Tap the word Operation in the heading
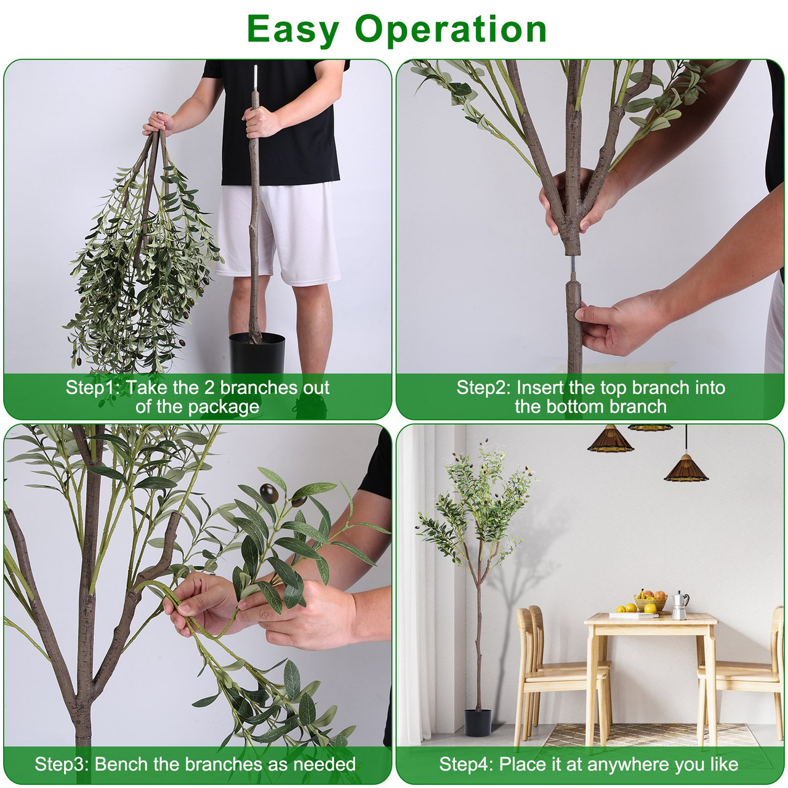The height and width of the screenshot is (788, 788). pyautogui.click(x=451, y=30)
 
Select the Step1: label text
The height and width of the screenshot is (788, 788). pyautogui.click(x=93, y=388)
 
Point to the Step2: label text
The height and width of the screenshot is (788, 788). pyautogui.click(x=483, y=388)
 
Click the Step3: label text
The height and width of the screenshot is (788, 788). pyautogui.click(x=62, y=765)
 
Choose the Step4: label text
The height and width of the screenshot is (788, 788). pyautogui.click(x=466, y=765)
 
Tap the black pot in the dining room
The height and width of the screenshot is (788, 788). pyautogui.click(x=478, y=722)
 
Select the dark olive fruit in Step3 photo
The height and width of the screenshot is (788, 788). pyautogui.click(x=270, y=492)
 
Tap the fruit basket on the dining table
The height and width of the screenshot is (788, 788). pyautogui.click(x=650, y=601)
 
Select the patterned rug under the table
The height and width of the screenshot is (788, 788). pyautogui.click(x=653, y=736)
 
